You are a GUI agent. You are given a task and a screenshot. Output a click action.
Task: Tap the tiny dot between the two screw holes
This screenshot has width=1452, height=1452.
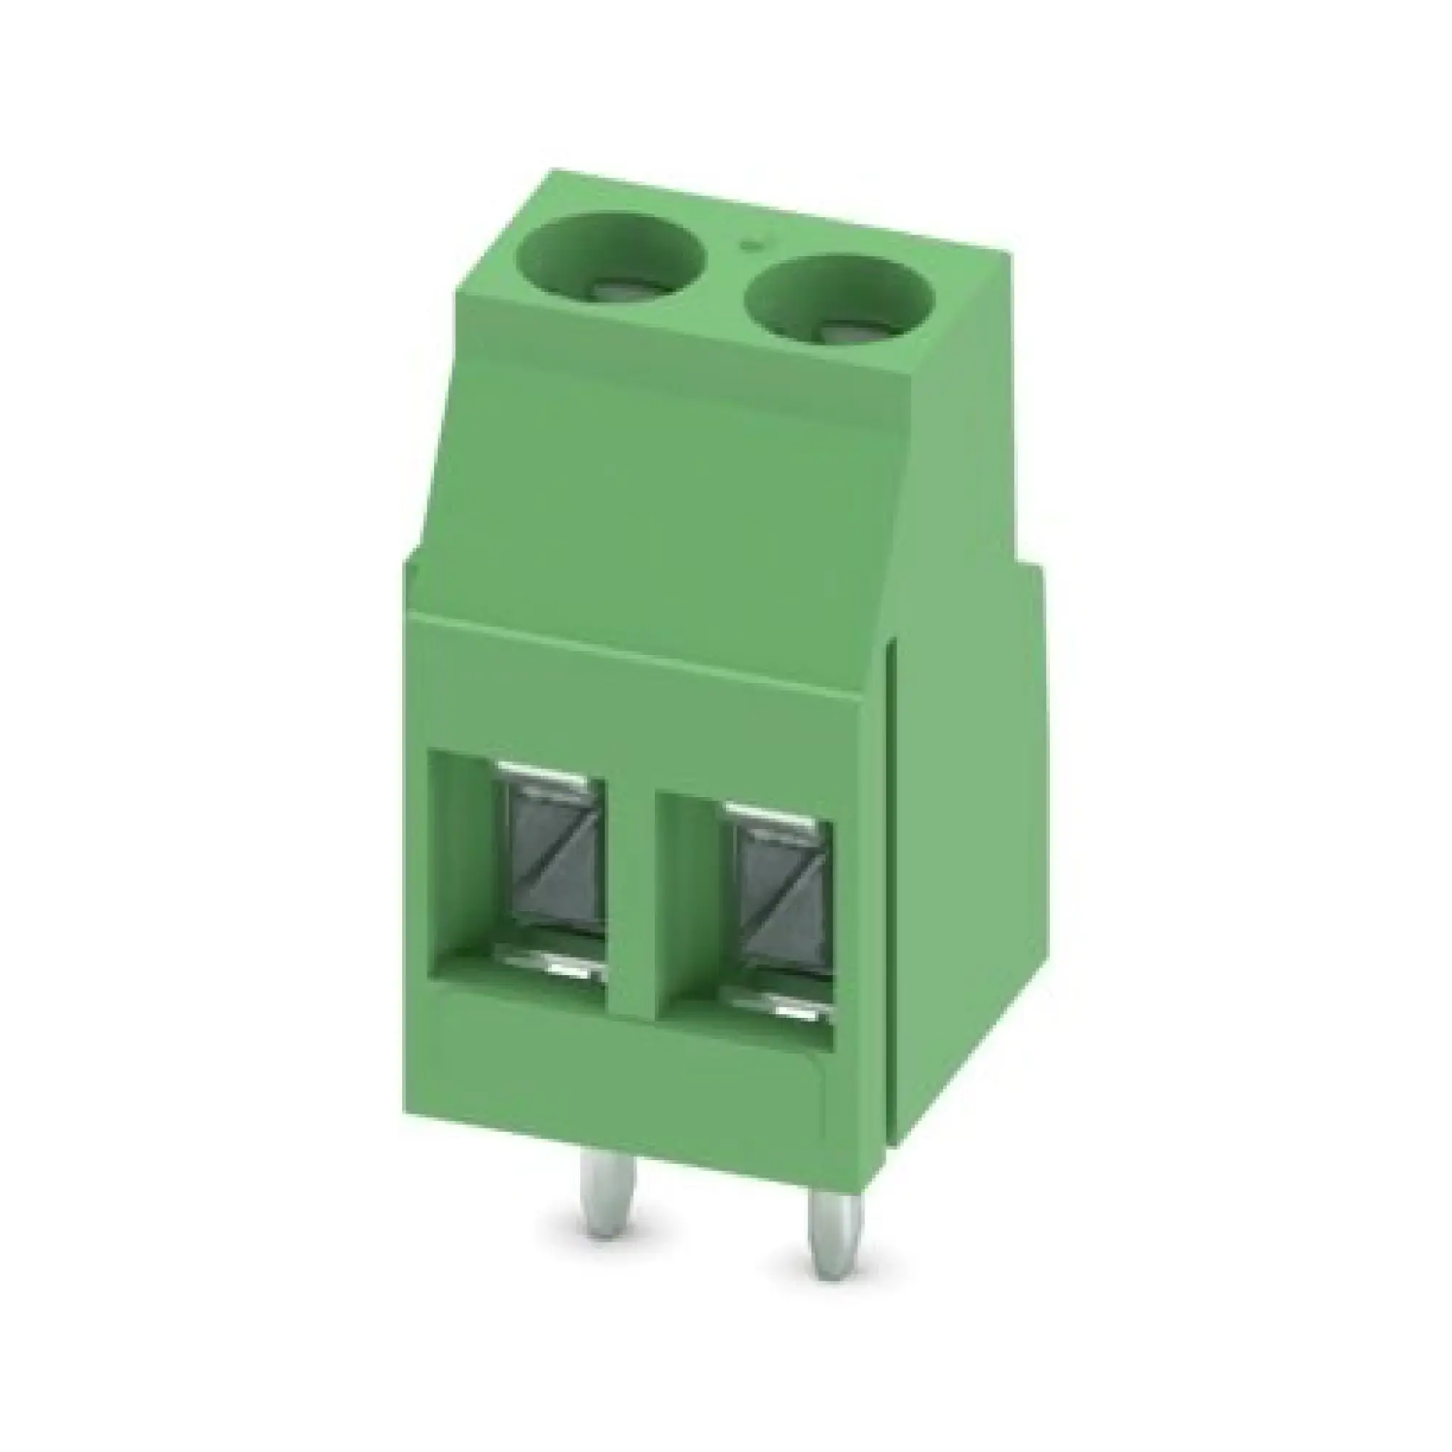(x=749, y=244)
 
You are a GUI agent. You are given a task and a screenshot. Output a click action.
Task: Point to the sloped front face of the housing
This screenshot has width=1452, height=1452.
(x=661, y=511)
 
